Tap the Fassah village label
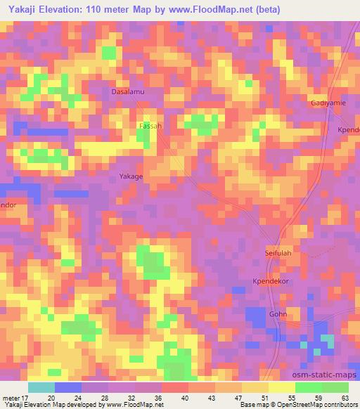pos(149,126)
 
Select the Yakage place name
pos(131,177)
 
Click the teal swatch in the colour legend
pos(41,387)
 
